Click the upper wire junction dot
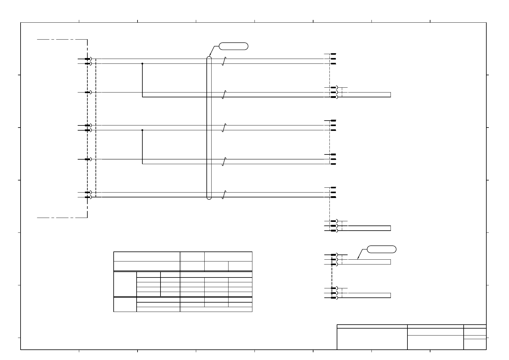(x=142, y=63)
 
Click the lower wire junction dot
(x=142, y=130)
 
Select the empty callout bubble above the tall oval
(x=233, y=46)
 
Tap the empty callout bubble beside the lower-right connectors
(x=381, y=249)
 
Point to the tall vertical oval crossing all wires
(x=209, y=128)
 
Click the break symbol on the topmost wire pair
(x=224, y=61)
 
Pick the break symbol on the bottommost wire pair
(x=224, y=195)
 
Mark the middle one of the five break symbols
(x=224, y=128)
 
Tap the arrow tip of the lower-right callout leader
(x=358, y=259)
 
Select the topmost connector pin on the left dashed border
(x=88, y=59)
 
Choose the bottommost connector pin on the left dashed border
(x=88, y=197)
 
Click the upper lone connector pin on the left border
(x=88, y=92)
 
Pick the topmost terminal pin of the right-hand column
(x=333, y=54)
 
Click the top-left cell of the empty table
(x=147, y=256)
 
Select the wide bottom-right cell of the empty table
(x=216, y=309)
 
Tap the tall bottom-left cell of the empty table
(x=125, y=304)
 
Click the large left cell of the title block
(x=372, y=339)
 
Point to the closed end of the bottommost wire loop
(x=391, y=295)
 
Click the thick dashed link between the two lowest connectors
(x=332, y=276)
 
